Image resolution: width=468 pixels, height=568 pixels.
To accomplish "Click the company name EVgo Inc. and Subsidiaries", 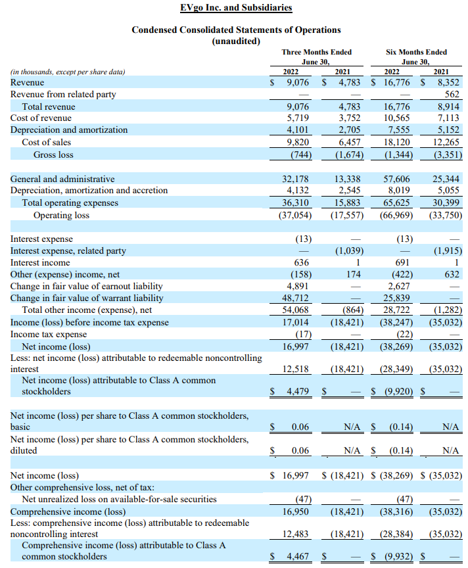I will coord(236,8).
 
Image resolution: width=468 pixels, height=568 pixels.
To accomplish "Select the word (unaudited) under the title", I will coord(236,41).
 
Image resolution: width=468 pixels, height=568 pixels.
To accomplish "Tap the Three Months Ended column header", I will coord(316,52).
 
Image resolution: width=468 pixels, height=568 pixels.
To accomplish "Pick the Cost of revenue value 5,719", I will coord(298,118).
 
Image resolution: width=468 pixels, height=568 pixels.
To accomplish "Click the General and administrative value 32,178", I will coord(296,179).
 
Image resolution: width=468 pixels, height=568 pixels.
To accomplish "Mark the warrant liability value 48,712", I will coord(296,298).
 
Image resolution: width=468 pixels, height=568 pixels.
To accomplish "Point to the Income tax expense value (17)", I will coord(302,335).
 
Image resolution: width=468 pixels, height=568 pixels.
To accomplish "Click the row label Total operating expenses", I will coord(70,202).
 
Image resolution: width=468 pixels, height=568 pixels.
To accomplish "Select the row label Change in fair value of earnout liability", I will coord(86,287).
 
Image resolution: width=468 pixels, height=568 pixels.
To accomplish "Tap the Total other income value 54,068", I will coord(296,310).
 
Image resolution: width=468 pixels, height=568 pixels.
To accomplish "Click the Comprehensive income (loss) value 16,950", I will coord(296,511).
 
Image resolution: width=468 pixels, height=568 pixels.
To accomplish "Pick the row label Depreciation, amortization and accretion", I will coord(89,191).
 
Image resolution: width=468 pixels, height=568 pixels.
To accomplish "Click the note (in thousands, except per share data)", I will coord(68,72).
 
